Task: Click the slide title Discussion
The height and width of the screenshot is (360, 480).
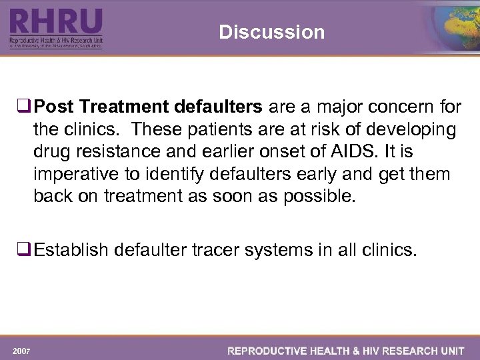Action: point(271,32)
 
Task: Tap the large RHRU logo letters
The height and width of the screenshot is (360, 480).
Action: point(56,23)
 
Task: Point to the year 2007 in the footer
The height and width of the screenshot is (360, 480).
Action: point(21,351)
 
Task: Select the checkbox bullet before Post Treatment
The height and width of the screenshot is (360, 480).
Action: point(26,107)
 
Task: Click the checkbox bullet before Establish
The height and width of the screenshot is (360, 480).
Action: point(26,251)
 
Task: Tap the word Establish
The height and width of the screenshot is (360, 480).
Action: point(71,251)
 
